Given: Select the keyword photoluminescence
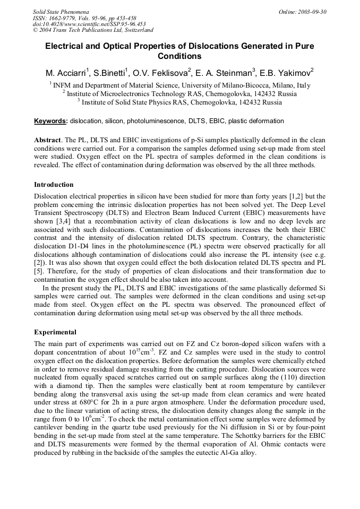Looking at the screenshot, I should [x=156, y=121].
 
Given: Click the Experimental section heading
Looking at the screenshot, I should [x=55, y=332].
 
